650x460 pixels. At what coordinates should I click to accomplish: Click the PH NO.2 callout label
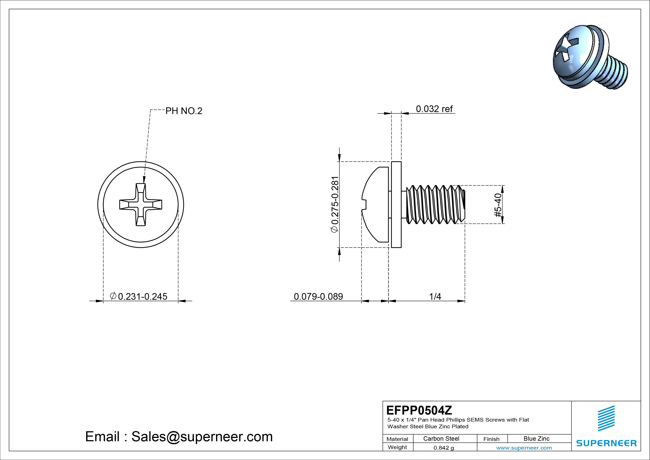pyautogui.click(x=184, y=111)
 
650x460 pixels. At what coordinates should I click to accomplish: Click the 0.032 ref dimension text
pyautogui.click(x=434, y=109)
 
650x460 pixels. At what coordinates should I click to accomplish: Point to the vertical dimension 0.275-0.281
pyautogui.click(x=335, y=204)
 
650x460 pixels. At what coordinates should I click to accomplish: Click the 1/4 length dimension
pyautogui.click(x=435, y=296)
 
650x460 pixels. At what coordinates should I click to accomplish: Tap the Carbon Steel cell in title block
pyautogui.click(x=441, y=438)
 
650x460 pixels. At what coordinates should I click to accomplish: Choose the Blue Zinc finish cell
pyautogui.click(x=536, y=438)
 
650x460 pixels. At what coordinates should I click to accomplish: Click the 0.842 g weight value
pyautogui.click(x=444, y=448)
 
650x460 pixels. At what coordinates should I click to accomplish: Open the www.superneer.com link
pyautogui.click(x=524, y=448)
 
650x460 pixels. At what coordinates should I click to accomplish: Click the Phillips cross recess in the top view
pyautogui.click(x=141, y=204)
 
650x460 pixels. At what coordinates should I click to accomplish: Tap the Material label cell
pyautogui.click(x=397, y=439)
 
